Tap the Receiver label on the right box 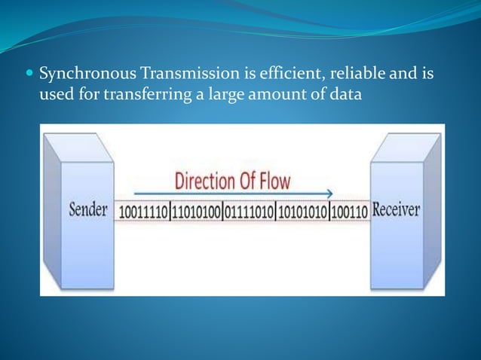pos(395,209)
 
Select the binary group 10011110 pos(143,212)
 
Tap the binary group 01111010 pos(250,212)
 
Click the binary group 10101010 pos(302,212)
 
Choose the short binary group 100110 pos(349,212)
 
